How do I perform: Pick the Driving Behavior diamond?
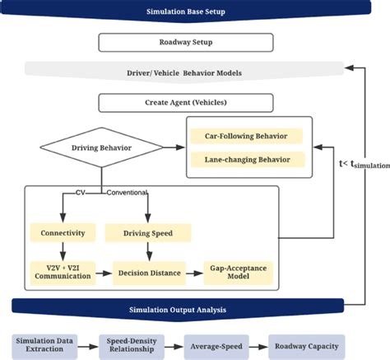[101, 148]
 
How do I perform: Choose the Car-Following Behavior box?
[246, 135]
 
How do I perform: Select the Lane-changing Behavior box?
[246, 158]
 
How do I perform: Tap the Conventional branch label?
[126, 193]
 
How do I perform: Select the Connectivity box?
[63, 233]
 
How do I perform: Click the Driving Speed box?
[146, 233]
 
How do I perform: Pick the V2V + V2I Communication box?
[63, 271]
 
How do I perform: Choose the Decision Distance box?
[148, 271]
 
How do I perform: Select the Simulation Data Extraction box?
[48, 344]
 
